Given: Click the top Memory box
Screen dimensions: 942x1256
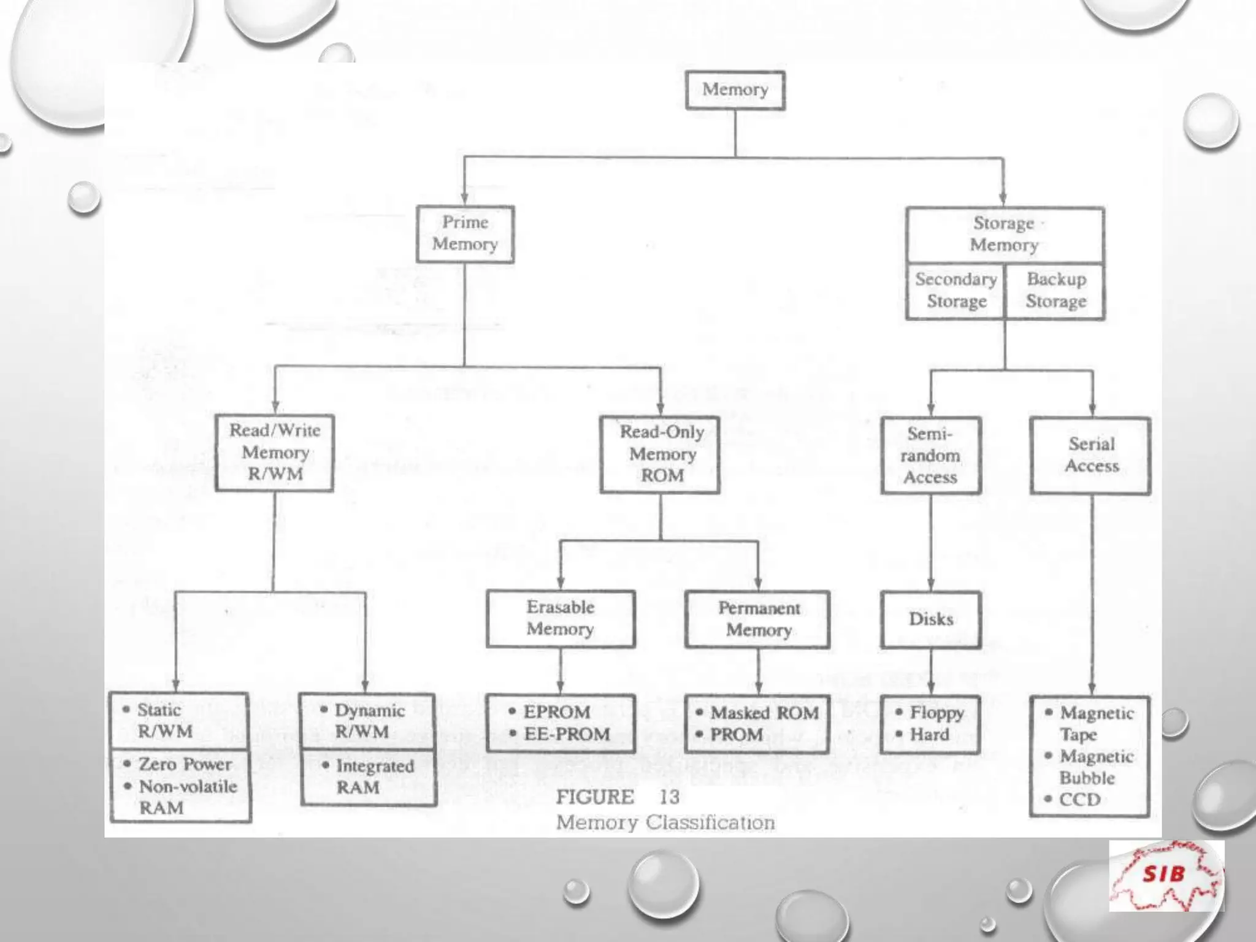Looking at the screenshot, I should coord(735,90).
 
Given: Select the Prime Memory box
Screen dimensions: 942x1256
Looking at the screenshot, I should coord(465,234).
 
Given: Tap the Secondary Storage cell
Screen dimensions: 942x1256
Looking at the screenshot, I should coord(955,291).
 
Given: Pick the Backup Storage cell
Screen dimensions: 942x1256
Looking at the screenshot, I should coord(1055,291).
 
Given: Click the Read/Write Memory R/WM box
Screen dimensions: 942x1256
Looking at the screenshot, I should coord(275,453).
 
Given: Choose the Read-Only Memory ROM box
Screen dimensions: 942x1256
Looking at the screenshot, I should coord(661,454).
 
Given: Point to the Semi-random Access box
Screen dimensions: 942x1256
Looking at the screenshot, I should coord(930,456).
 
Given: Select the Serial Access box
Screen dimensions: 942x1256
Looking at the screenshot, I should coord(1091,456).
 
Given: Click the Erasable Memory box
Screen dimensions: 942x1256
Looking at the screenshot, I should coord(561,618).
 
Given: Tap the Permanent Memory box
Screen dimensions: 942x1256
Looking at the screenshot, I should coord(758,619).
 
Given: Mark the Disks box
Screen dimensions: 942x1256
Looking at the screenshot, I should coord(930,619).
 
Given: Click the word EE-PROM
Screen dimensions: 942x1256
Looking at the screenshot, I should coord(567,734).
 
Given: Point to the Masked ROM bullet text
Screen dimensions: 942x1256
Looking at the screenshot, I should coord(764,713).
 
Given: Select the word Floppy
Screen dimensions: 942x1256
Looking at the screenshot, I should coord(936,713).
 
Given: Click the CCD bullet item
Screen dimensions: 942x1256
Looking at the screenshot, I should coord(1080,800).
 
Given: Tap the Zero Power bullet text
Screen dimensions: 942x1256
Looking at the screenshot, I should coord(185,764).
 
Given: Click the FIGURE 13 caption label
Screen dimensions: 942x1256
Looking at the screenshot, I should coord(618,797).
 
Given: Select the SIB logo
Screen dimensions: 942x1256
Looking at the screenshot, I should coord(1166,875).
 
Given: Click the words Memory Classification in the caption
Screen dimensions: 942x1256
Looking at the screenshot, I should coord(665,822).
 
